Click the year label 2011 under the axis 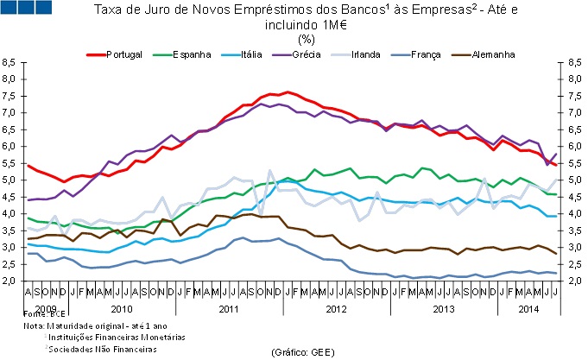click(229, 308)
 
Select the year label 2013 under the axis click(442, 308)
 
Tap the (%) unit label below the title click(306, 39)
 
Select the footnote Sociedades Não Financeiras click(104, 349)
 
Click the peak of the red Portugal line click(288, 92)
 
